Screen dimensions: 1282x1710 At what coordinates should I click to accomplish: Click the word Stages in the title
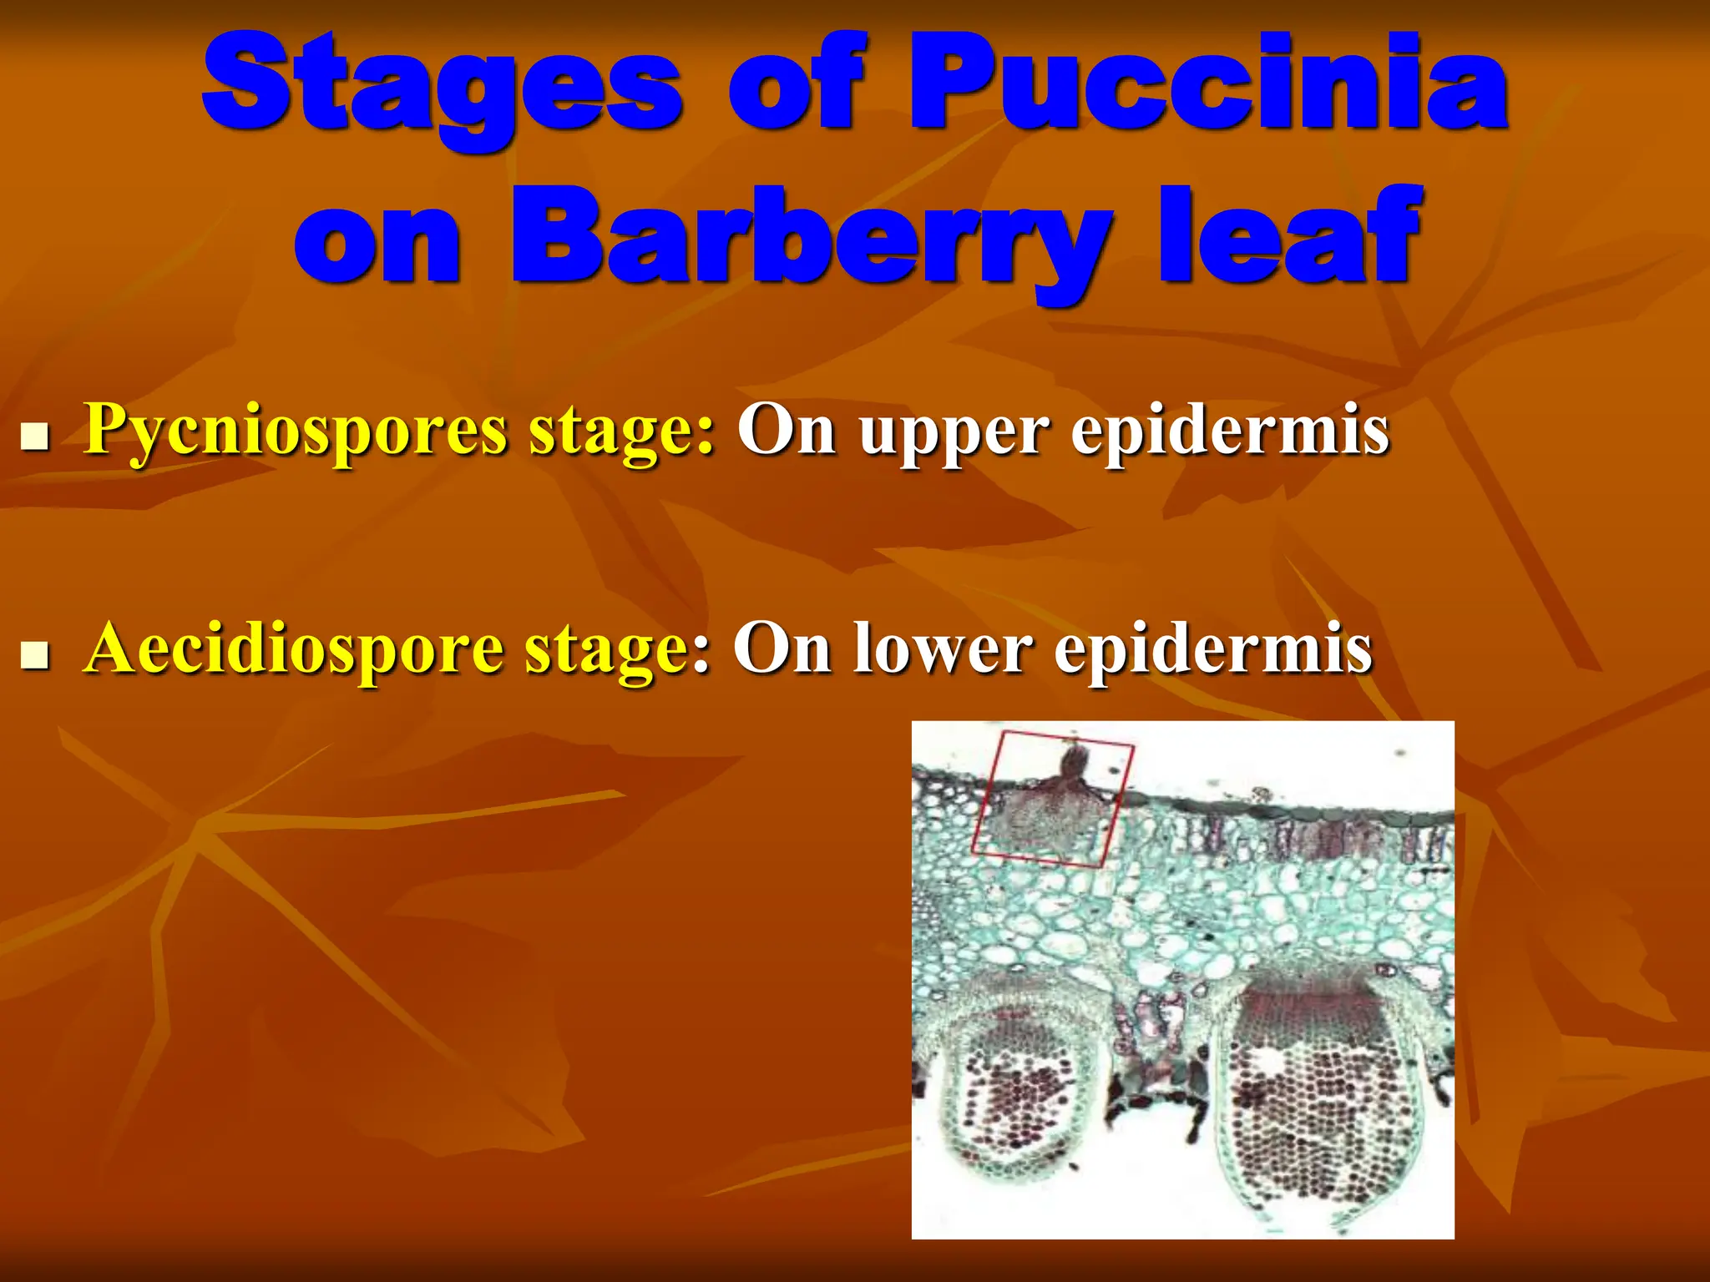point(443,83)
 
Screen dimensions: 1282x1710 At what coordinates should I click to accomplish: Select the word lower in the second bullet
point(944,650)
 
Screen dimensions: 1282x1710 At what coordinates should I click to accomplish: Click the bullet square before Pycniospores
point(34,437)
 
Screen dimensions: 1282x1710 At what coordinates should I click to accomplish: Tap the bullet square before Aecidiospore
point(34,655)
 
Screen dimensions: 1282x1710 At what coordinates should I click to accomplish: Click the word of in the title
point(793,83)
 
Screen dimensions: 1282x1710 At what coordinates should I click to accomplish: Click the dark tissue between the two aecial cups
point(1156,1077)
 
